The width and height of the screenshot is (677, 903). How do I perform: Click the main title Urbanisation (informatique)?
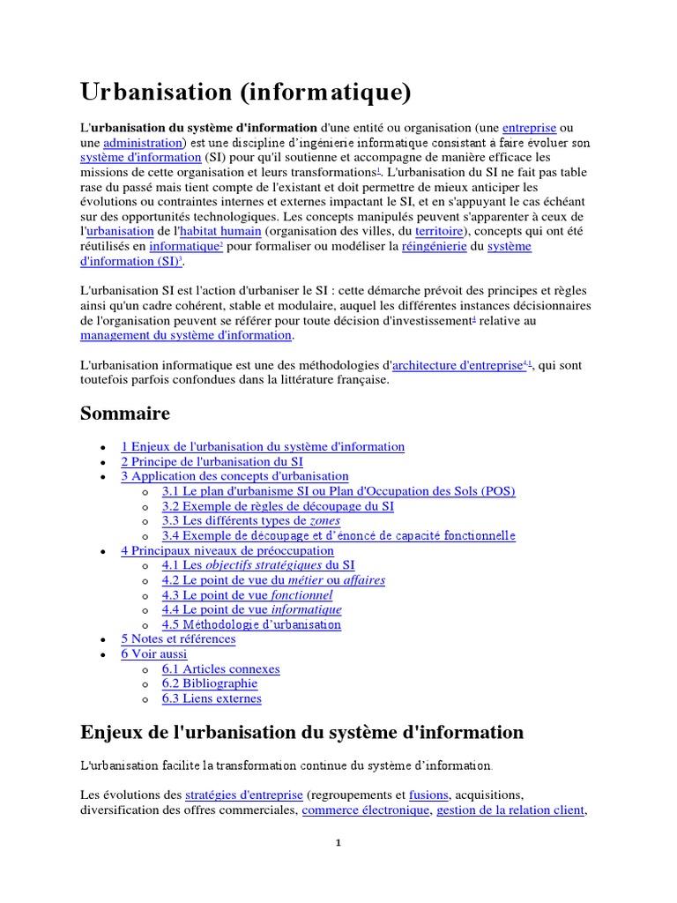point(246,92)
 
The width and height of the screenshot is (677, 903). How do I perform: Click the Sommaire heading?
point(125,413)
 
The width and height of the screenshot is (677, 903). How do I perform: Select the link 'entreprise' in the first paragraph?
point(530,127)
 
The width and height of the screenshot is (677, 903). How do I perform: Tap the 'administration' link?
point(143,142)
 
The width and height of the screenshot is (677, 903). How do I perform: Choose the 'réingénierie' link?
point(434,246)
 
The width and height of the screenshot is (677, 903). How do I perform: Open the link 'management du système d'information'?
point(186,335)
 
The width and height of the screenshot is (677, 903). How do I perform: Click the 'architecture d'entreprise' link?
point(458,365)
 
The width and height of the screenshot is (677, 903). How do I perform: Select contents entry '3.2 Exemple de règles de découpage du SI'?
point(278,506)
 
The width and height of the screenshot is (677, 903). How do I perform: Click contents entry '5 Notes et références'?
point(178,638)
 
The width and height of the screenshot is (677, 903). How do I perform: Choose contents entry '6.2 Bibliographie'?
point(210,683)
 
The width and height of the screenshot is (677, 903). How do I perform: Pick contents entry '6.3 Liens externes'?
point(212,698)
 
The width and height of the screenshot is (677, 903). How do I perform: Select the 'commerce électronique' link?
point(366,810)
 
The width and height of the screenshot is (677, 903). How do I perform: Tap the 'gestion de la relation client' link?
point(510,810)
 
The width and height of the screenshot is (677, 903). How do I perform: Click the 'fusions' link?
point(429,794)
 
